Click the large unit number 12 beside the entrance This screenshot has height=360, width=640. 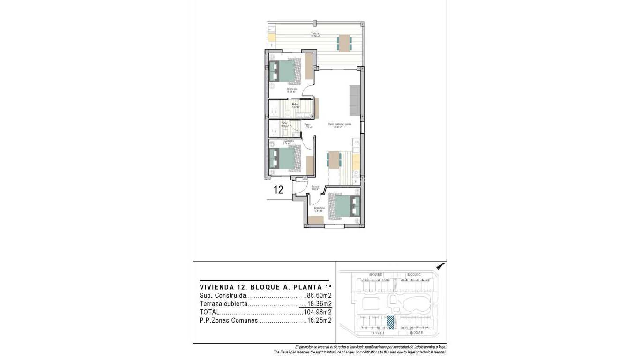tap(278, 190)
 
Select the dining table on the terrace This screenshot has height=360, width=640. tap(344, 44)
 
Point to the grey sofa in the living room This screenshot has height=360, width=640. tap(355, 102)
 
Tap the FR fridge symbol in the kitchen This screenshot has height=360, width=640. tap(356, 142)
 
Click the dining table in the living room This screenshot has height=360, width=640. tap(334, 160)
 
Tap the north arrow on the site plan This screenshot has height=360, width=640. tap(439, 266)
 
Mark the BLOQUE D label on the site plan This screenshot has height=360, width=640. tap(376, 274)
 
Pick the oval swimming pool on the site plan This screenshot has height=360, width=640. tap(415, 303)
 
